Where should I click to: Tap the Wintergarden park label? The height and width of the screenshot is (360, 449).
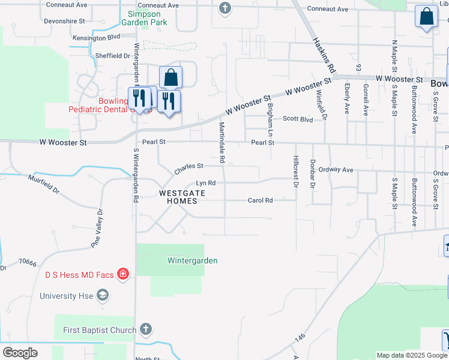(192, 260)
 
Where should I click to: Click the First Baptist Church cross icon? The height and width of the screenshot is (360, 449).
(145, 329)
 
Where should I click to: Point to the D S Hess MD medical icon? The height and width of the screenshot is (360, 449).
(122, 274)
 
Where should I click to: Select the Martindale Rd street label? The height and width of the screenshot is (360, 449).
(221, 143)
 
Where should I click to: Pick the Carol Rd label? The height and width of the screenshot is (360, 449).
(260, 200)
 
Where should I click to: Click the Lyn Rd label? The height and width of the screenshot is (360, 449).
(205, 183)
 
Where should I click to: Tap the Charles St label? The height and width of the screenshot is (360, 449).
(189, 169)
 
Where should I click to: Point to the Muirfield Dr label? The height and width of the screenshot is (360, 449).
(44, 182)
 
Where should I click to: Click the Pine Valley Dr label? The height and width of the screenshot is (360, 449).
(97, 227)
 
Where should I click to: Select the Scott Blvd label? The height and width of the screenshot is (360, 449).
(298, 119)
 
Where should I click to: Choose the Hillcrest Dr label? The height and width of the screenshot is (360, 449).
(295, 172)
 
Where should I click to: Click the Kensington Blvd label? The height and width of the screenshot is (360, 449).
(96, 37)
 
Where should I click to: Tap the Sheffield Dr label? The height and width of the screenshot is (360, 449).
(112, 56)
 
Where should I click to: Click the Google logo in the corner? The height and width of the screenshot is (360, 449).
(20, 353)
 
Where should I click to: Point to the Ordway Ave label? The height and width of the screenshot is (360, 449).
(336, 170)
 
